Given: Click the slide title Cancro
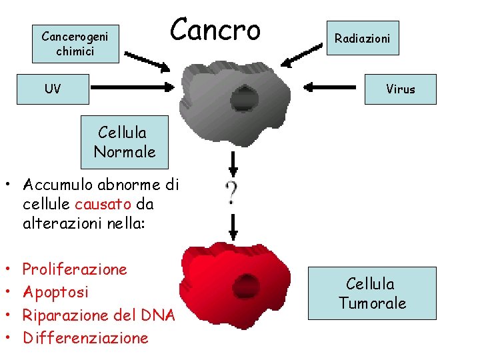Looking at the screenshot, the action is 215,29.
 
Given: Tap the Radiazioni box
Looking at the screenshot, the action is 363,39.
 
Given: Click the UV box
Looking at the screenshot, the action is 53,89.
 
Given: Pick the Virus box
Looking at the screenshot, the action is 400,89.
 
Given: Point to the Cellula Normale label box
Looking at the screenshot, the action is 125,143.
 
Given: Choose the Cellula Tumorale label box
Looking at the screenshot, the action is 372,294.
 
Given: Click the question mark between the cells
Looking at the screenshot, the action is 232,193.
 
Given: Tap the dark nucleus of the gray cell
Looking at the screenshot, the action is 244,99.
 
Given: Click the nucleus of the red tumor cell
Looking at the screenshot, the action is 245,285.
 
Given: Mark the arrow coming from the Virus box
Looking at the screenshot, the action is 333,86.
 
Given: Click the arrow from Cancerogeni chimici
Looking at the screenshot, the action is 148,61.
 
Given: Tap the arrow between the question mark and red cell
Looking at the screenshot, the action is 233,227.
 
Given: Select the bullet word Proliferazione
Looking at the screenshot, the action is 75,269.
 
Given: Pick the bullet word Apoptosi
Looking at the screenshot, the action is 56,292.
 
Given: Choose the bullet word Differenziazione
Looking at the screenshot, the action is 86,337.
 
